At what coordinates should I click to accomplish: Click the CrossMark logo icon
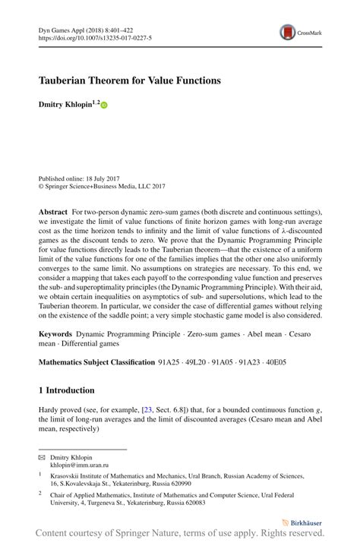click(x=288, y=33)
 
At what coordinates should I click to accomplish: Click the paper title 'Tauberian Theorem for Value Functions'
click(x=130, y=79)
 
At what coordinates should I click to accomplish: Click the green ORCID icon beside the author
click(x=104, y=104)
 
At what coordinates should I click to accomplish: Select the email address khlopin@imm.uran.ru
click(x=80, y=466)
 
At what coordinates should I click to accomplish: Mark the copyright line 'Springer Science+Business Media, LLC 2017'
click(x=104, y=185)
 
